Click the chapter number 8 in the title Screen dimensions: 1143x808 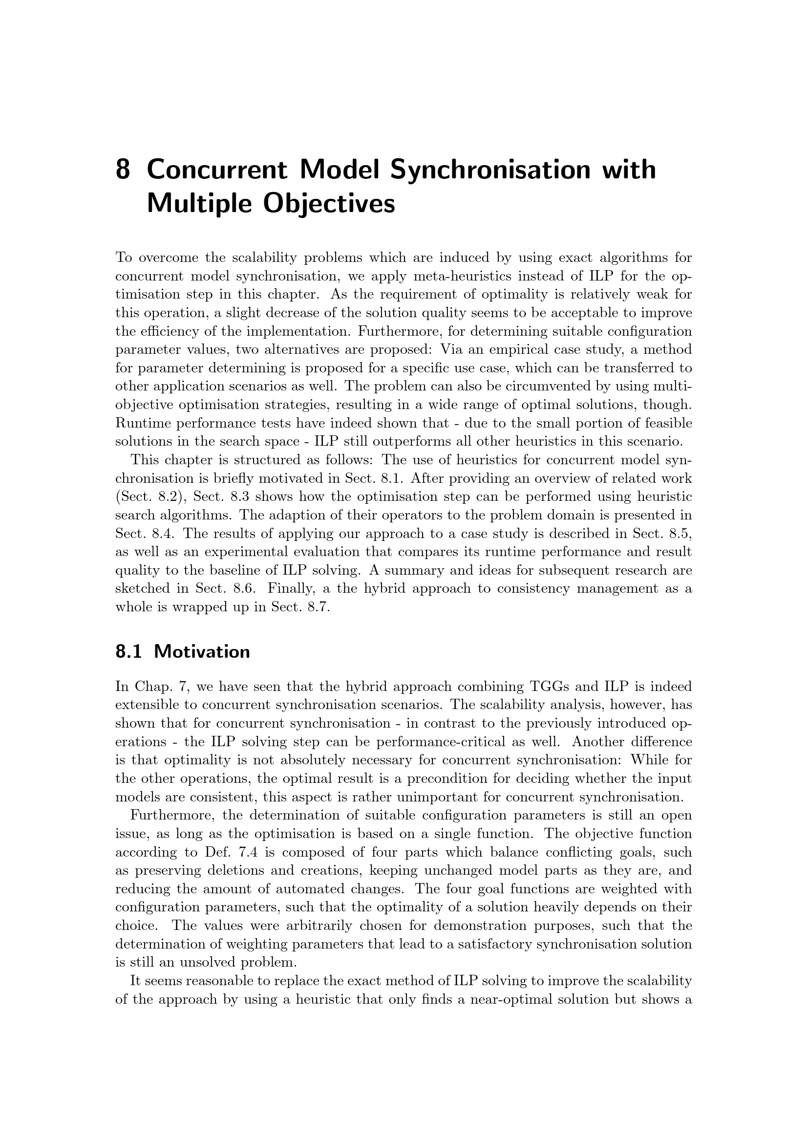pos(124,170)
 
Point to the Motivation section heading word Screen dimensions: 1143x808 pos(202,652)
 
